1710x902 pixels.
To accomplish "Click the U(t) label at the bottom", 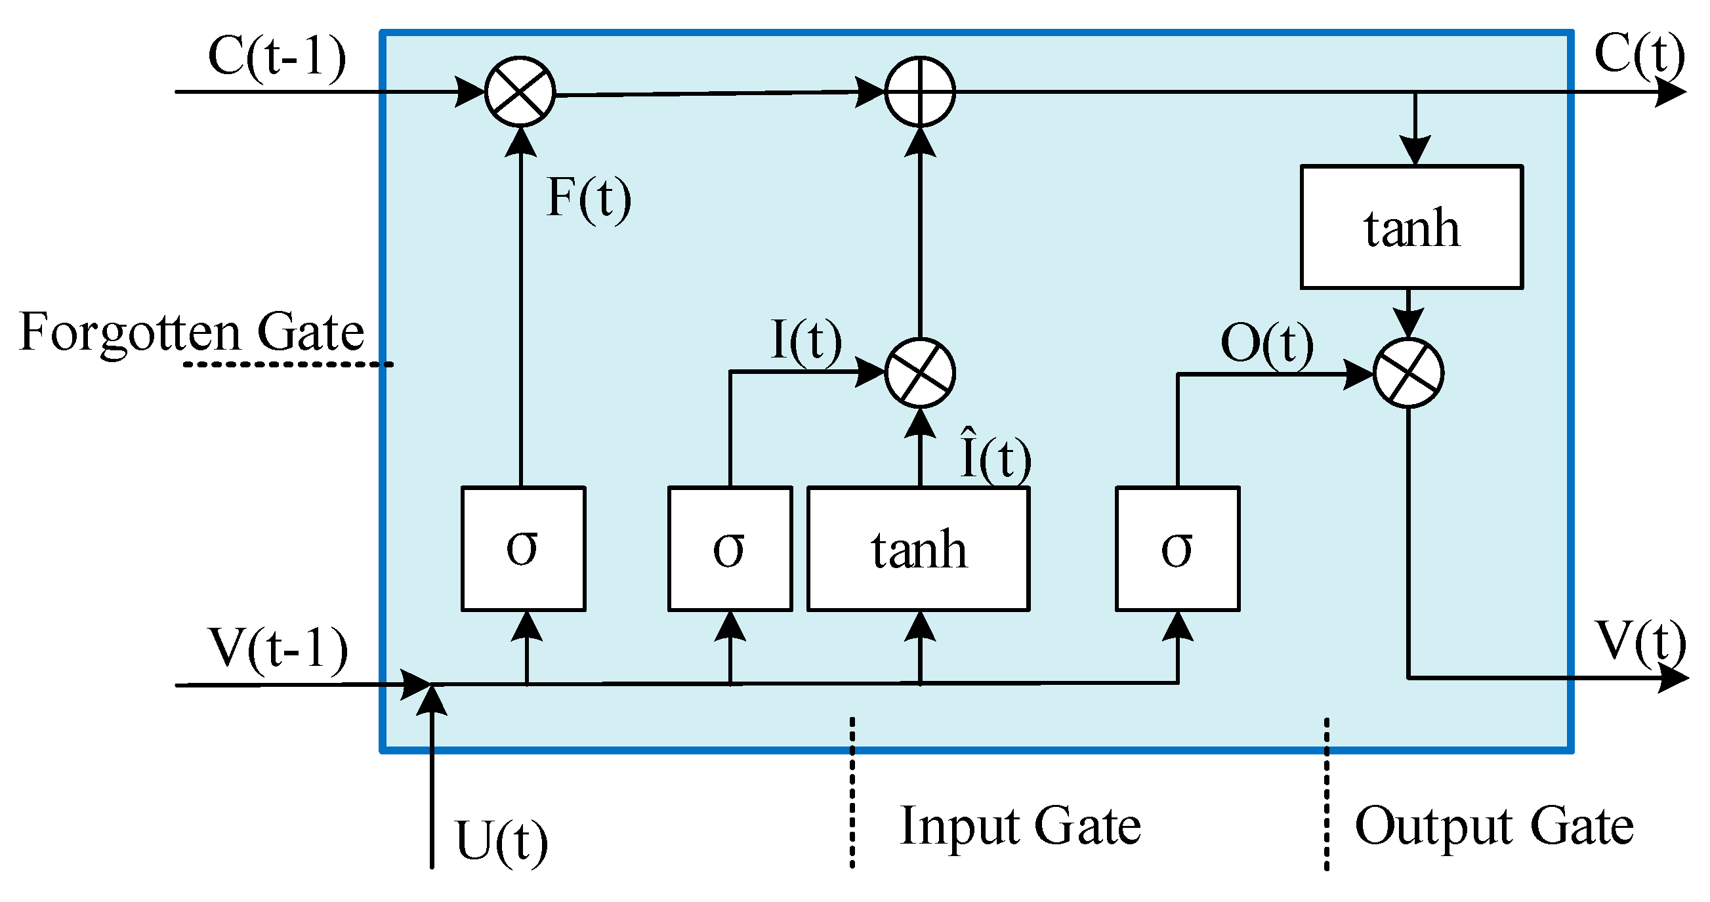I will [x=502, y=841].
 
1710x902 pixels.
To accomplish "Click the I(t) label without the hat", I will [x=806, y=340].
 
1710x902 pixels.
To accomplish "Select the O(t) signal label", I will [x=1266, y=343].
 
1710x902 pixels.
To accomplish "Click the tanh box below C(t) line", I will [x=1411, y=227].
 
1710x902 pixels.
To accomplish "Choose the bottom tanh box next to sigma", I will [x=919, y=549].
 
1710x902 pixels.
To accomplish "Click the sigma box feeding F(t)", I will [x=523, y=549].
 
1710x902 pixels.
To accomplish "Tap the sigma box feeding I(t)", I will [x=730, y=549].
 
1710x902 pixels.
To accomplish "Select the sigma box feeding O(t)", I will [x=1177, y=549].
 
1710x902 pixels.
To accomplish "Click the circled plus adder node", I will [x=920, y=92].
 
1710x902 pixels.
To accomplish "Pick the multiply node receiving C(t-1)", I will [x=520, y=92].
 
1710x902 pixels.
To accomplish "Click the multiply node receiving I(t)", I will [x=920, y=373].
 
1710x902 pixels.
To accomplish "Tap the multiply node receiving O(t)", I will [x=1408, y=373].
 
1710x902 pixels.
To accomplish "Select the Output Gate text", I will [x=1493, y=826].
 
